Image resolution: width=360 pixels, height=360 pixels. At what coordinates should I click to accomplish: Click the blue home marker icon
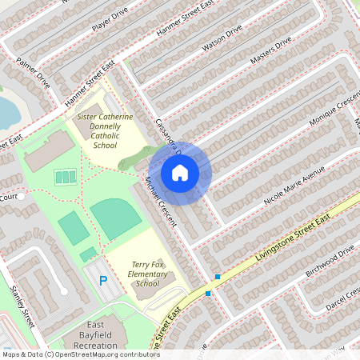(x=180, y=172)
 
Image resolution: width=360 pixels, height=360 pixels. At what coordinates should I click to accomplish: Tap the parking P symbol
(x=102, y=280)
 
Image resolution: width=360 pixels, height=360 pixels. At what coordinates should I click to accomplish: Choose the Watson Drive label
(x=222, y=38)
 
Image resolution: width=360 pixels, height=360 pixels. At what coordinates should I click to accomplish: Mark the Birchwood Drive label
(x=330, y=262)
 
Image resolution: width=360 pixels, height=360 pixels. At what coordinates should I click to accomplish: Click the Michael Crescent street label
(x=158, y=203)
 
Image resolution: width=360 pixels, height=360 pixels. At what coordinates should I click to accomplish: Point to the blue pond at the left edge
(x=7, y=112)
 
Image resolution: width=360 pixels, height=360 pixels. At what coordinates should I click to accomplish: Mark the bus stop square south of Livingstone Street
(x=209, y=294)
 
